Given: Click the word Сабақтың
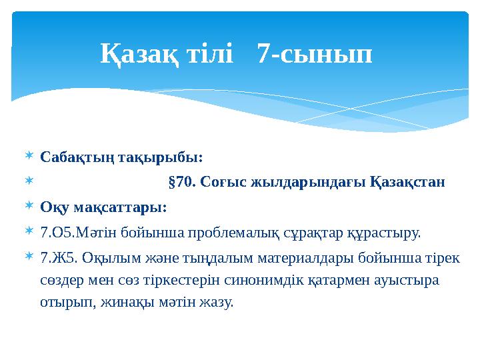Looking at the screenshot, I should pyautogui.click(x=79, y=158).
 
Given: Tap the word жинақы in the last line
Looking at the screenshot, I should pyautogui.click(x=117, y=301).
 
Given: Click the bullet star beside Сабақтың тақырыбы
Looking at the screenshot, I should pyautogui.click(x=27, y=157).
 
